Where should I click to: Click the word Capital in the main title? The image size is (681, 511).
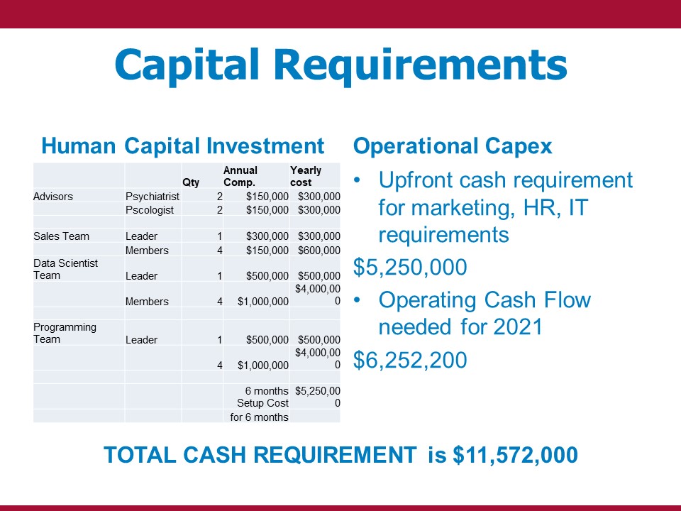(187, 65)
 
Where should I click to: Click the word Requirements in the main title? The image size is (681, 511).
(421, 65)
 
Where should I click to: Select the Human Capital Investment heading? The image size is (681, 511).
(183, 145)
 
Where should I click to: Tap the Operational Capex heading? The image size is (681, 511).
(453, 146)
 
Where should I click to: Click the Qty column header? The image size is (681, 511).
(191, 182)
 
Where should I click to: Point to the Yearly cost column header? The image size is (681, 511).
(306, 176)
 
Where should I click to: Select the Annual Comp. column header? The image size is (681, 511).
(240, 176)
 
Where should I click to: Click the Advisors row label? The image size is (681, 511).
(53, 197)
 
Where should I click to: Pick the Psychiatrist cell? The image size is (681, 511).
(153, 197)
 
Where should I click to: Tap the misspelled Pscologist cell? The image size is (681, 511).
(150, 210)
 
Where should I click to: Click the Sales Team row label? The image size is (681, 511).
(61, 236)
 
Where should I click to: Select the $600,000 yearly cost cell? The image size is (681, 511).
(319, 251)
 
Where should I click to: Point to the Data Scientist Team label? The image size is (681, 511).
(65, 269)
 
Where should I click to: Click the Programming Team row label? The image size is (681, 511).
(65, 333)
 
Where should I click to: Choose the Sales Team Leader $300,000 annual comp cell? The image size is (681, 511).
(267, 236)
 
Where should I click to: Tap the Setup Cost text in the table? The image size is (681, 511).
(262, 403)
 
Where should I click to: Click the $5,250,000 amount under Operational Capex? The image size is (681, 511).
(410, 267)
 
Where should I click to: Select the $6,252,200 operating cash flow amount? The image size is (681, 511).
(410, 360)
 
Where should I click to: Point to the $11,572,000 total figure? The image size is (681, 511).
(515, 455)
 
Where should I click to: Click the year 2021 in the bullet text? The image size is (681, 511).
(518, 326)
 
